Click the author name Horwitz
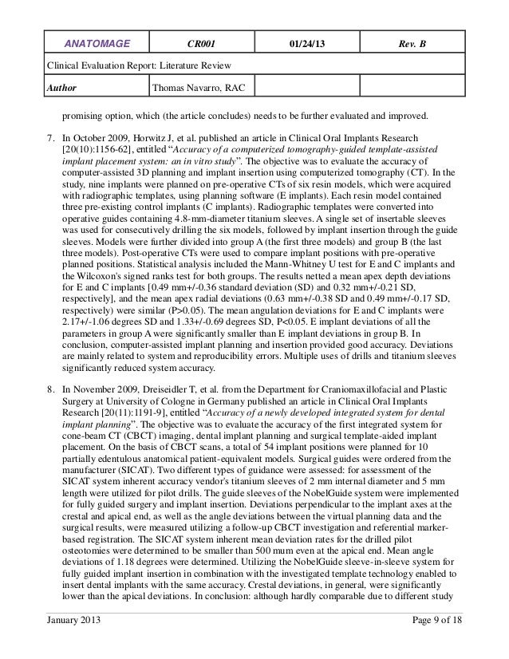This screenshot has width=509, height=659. (x=156, y=137)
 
